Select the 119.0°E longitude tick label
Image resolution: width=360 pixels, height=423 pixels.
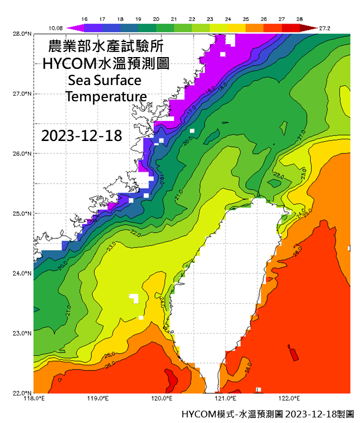point(98,399)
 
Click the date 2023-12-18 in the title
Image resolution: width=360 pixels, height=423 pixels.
point(82,136)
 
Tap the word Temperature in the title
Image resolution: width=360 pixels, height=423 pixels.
point(106,96)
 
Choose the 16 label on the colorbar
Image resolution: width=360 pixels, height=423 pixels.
point(84,19)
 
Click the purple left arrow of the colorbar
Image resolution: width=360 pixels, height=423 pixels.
point(71,26)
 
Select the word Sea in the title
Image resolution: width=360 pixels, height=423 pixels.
point(78,79)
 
